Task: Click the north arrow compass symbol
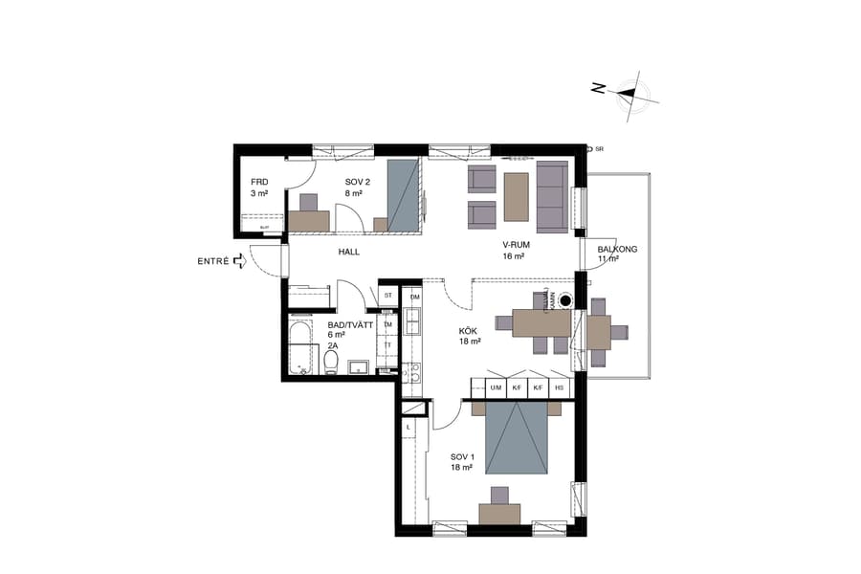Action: pyautogui.click(x=628, y=93)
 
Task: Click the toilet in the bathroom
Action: pyautogui.click(x=331, y=363)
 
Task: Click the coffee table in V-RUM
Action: pyautogui.click(x=517, y=196)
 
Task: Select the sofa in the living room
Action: pyautogui.click(x=552, y=196)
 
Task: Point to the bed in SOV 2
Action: pyautogui.click(x=403, y=196)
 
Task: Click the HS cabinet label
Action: pyautogui.click(x=559, y=388)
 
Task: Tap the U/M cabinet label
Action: pyautogui.click(x=496, y=388)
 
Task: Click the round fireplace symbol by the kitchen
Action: pyautogui.click(x=565, y=300)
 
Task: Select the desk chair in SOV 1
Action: pyautogui.click(x=498, y=495)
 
